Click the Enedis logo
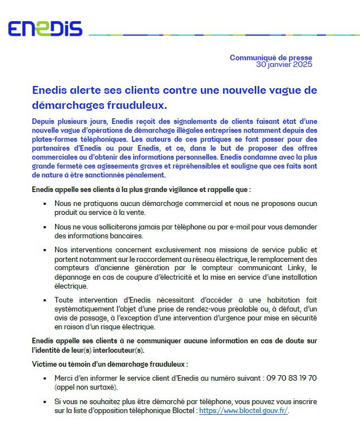[45, 29]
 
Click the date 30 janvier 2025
[284, 64]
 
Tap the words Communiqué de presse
[271, 57]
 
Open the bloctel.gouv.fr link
[243, 410]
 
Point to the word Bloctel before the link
[181, 410]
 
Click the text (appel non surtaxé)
[86, 387]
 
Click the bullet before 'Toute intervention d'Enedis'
[45, 300]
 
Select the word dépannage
[74, 277]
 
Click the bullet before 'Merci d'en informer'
[45, 378]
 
